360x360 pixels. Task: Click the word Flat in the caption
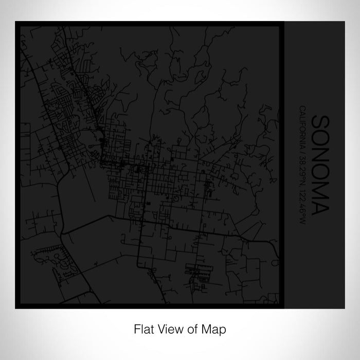(x=144, y=328)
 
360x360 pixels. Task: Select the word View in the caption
(x=167, y=328)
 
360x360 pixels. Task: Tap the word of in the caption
(x=186, y=328)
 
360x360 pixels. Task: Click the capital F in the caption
(x=137, y=328)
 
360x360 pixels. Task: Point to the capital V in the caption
(x=159, y=328)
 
